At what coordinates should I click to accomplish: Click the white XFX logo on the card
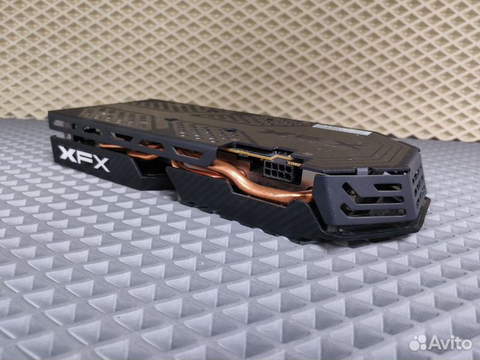coord(85,159)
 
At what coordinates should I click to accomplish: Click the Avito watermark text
coord(450,343)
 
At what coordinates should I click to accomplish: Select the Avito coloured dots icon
coord(419,343)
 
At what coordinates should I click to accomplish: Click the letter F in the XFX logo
coord(85,159)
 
